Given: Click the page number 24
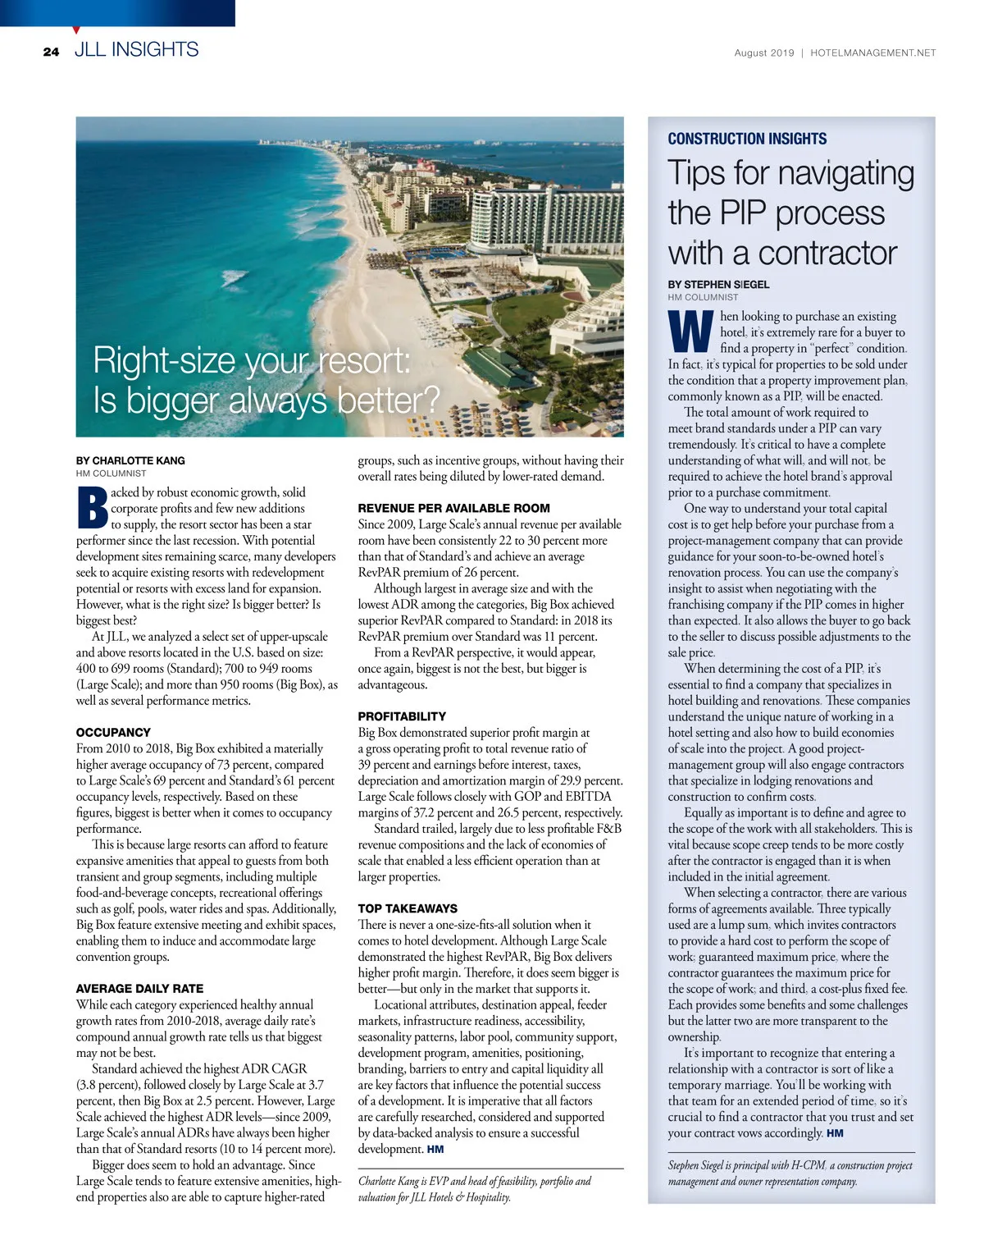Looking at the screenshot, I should pyautogui.click(x=51, y=52).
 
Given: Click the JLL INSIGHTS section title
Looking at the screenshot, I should pyautogui.click(x=136, y=50).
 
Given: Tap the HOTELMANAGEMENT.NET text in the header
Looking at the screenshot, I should pyautogui.click(x=872, y=53).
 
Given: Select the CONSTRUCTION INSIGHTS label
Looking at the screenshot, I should pyautogui.click(x=747, y=139).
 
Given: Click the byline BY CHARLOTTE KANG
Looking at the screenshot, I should pyautogui.click(x=130, y=460).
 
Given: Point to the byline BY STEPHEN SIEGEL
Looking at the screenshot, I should pyautogui.click(x=718, y=284).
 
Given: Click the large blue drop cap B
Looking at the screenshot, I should pyautogui.click(x=92, y=508).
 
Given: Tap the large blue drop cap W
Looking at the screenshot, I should pyautogui.click(x=690, y=332).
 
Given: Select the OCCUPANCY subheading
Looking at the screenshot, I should pyautogui.click(x=113, y=732).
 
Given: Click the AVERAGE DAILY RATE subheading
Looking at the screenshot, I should pyautogui.click(x=139, y=989).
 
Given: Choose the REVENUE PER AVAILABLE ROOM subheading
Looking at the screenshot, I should pyautogui.click(x=453, y=508).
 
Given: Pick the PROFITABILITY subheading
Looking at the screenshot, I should pyautogui.click(x=402, y=716).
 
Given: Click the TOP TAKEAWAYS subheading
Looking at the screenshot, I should pyautogui.click(x=408, y=908).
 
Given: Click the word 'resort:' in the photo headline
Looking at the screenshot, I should pyautogui.click(x=364, y=360).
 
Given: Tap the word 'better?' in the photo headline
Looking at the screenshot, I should pyautogui.click(x=389, y=401).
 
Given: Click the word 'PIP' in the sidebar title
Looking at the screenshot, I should pyautogui.click(x=742, y=213).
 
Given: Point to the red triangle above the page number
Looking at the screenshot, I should pyautogui.click(x=76, y=30).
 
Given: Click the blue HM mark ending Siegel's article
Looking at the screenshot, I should pyautogui.click(x=835, y=1133).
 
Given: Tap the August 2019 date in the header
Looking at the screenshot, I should pyautogui.click(x=763, y=53).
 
